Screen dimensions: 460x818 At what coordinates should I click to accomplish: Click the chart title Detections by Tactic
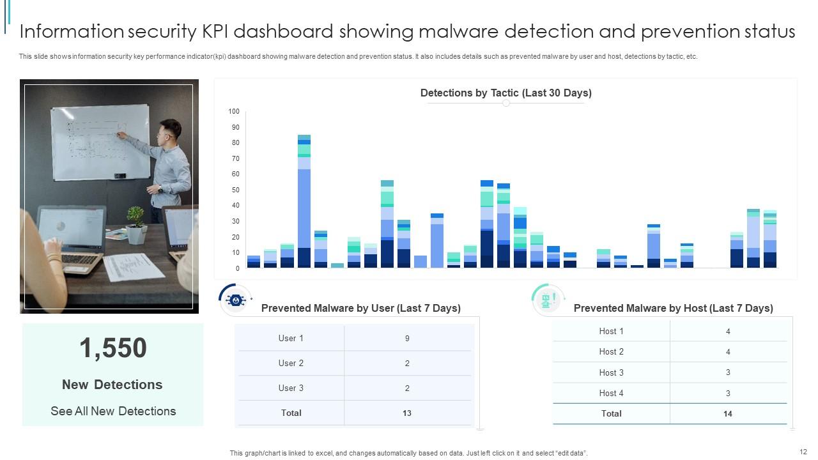[x=505, y=93]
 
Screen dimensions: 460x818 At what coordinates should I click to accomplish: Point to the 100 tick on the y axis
[x=234, y=112]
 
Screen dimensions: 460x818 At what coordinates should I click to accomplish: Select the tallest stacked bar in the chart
[x=304, y=201]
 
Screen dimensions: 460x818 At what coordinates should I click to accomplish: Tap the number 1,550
[x=113, y=348]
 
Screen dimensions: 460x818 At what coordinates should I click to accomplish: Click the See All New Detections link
[x=113, y=411]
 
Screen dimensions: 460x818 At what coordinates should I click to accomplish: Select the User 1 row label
[x=291, y=339]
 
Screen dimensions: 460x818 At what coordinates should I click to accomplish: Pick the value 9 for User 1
[x=407, y=339]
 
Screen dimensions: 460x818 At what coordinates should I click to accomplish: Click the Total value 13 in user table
[x=407, y=413]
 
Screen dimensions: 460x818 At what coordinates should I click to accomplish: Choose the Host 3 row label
[x=611, y=372]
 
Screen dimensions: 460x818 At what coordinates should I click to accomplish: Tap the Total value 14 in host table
[x=727, y=414]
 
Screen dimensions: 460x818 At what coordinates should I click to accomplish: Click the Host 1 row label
[x=611, y=331]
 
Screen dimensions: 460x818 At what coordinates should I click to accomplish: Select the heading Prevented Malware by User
[x=360, y=309]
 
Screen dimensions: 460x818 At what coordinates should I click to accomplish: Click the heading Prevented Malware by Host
[x=673, y=309]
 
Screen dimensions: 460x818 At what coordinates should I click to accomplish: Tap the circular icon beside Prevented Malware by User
[x=236, y=300]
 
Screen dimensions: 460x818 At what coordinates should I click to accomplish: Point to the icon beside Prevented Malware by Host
[x=547, y=300]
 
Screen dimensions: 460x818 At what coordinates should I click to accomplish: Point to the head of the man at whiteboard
[x=170, y=131]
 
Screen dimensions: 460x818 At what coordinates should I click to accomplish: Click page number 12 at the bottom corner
[x=803, y=452]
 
